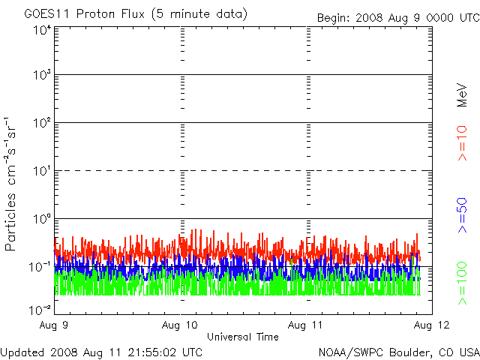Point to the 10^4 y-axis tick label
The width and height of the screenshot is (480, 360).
(x=41, y=30)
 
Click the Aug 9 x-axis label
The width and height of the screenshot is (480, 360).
(x=55, y=325)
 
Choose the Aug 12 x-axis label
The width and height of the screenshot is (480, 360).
(x=431, y=325)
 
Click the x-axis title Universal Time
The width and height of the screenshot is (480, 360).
(x=243, y=337)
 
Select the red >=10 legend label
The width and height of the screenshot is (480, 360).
(x=462, y=143)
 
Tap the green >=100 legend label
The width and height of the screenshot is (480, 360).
(x=462, y=284)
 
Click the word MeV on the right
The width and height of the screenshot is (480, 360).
(x=462, y=94)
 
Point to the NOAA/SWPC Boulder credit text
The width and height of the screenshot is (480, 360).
(x=398, y=351)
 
